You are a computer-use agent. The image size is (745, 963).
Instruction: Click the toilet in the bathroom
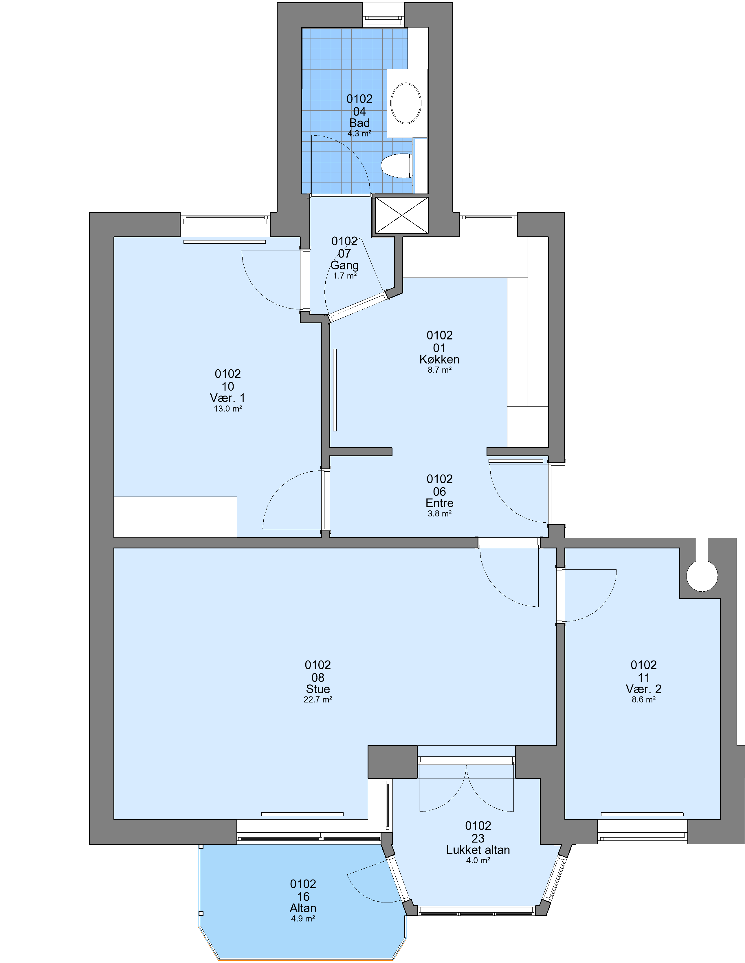(397, 166)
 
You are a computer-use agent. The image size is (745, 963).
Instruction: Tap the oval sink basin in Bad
(406, 103)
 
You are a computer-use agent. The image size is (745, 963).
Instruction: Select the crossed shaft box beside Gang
(401, 215)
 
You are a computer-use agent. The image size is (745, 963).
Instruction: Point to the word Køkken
(439, 359)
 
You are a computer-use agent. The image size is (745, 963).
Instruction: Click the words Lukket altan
(478, 850)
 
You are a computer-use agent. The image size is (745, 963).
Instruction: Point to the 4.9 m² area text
(303, 918)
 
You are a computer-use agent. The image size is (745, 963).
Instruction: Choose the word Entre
(439, 503)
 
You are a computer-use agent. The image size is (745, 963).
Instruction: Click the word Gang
(344, 265)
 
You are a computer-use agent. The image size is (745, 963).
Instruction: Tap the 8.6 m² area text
(644, 699)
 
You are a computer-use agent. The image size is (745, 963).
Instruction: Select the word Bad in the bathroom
(359, 123)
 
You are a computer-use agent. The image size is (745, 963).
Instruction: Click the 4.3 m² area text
(359, 133)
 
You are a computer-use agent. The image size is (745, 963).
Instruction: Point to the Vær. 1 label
(228, 398)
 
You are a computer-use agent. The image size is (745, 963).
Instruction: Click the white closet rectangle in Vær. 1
(175, 517)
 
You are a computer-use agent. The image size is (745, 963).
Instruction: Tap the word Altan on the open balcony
(303, 908)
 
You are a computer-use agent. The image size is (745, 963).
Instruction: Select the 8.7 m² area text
(439, 370)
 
